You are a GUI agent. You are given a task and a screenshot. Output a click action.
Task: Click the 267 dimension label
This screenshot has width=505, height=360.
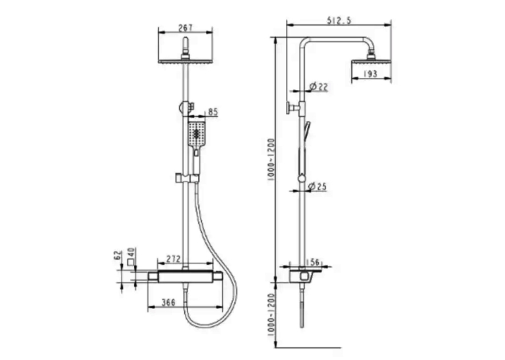[x=185, y=28]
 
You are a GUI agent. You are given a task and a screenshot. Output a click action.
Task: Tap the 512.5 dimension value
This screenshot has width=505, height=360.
[x=339, y=20]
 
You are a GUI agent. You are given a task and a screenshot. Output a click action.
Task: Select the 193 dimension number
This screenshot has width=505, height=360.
[x=370, y=74]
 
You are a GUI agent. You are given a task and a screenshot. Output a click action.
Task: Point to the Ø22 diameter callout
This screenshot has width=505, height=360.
[x=318, y=87]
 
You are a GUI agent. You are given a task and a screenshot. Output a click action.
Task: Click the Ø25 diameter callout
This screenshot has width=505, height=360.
[x=318, y=186]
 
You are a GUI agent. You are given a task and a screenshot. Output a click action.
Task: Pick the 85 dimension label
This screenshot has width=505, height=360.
[x=213, y=112]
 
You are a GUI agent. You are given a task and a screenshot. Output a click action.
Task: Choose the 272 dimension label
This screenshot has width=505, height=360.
[x=173, y=259]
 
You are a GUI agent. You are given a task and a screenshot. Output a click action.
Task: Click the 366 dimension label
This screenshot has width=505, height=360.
[x=168, y=303]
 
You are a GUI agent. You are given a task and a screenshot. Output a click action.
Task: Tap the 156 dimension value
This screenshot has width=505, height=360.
[x=312, y=262]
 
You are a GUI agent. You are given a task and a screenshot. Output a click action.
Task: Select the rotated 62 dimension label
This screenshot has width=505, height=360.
[x=118, y=255]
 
